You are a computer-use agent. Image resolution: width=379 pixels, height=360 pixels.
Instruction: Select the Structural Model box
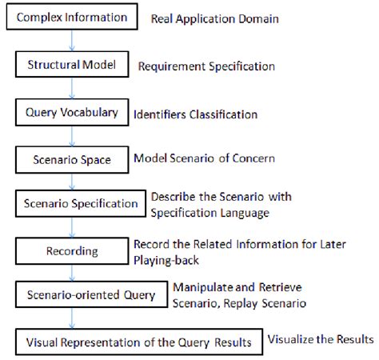pos(73,66)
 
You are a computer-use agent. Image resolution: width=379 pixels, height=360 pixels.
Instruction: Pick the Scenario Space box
pos(73,159)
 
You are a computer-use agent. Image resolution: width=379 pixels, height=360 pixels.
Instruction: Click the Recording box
pos(73,250)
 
